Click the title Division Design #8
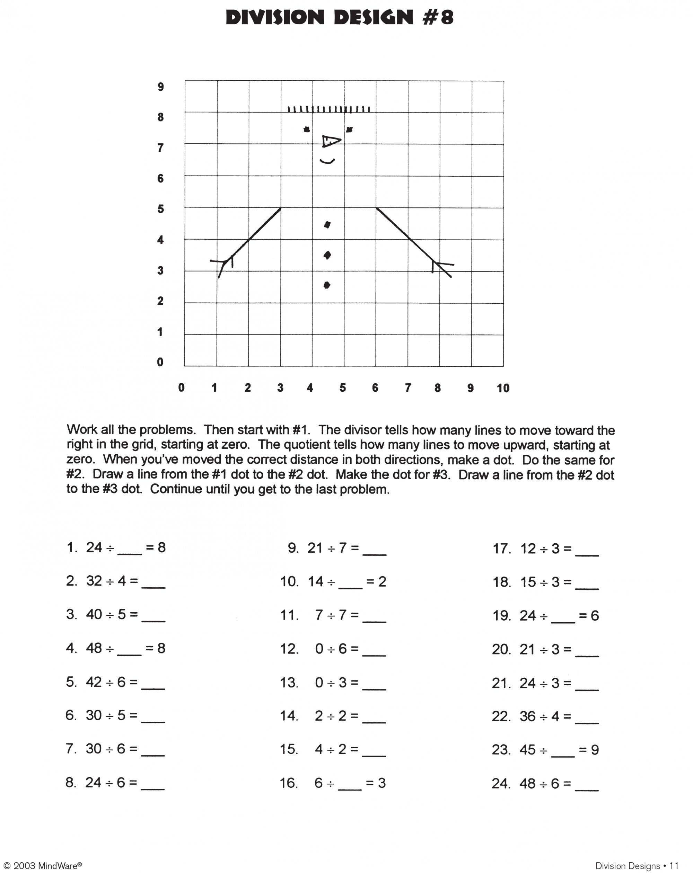[340, 18]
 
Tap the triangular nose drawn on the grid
[330, 141]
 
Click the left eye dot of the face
[307, 130]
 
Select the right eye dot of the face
[349, 130]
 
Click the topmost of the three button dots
[327, 225]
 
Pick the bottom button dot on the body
[327, 285]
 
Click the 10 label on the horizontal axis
[502, 388]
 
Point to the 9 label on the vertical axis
[161, 87]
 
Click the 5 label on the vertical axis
[161, 209]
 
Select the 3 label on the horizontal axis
[280, 388]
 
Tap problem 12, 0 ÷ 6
[332, 649]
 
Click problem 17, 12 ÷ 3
[545, 549]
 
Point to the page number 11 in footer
[674, 866]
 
